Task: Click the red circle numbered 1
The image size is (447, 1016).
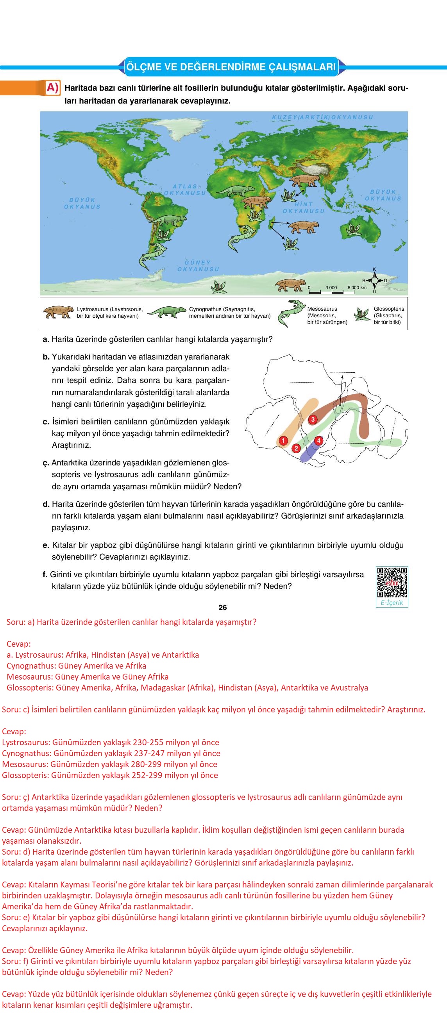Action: [x=283, y=440]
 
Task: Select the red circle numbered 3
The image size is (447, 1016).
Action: [x=313, y=419]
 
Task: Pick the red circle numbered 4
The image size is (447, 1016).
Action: [x=318, y=440]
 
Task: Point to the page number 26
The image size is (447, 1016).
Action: [x=222, y=607]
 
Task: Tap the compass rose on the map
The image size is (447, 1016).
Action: [x=374, y=280]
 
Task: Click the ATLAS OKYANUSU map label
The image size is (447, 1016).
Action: [x=185, y=190]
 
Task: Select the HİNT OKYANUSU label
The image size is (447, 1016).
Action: [x=303, y=207]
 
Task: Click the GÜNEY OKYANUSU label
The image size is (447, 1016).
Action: [x=198, y=266]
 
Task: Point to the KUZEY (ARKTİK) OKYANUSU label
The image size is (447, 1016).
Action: [x=322, y=117]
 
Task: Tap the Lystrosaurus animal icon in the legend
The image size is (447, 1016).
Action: [x=58, y=312]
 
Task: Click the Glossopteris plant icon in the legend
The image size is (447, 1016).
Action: [x=362, y=314]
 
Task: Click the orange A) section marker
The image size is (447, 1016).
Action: [x=52, y=88]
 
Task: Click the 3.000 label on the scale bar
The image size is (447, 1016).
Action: [x=331, y=288]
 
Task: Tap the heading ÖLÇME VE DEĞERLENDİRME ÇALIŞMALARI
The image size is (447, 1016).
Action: [x=231, y=67]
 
